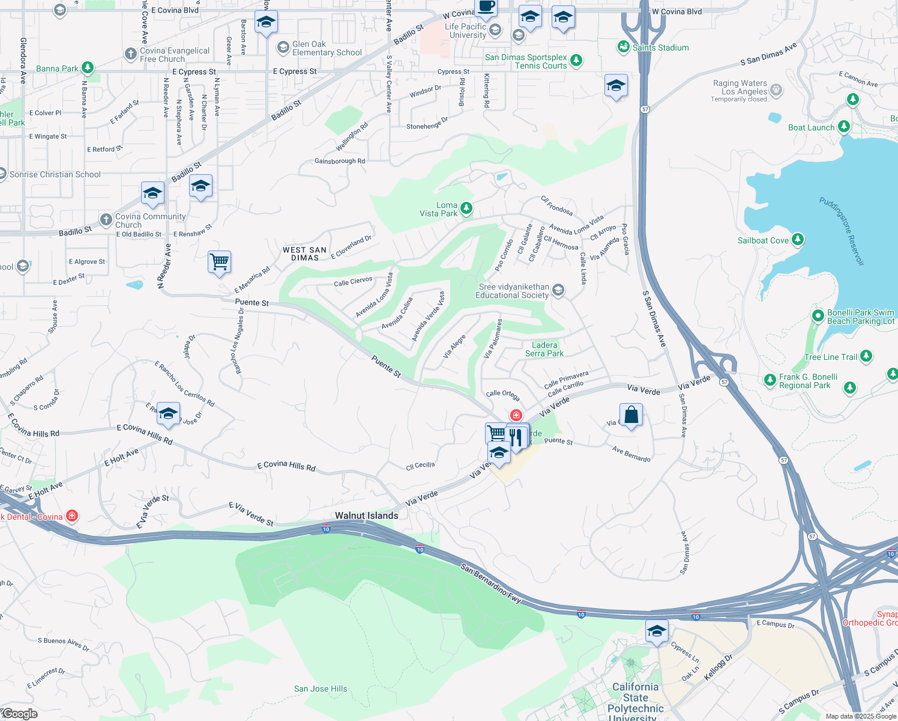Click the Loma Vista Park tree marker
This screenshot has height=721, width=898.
466,208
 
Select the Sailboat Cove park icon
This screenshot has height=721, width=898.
797,240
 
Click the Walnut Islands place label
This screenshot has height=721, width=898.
366,516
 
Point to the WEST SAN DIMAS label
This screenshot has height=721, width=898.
305,254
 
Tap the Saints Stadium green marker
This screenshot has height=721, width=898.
624,47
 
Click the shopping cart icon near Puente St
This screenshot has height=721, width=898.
220,262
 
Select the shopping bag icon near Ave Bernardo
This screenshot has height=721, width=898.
631,415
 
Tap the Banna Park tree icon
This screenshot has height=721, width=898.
88,68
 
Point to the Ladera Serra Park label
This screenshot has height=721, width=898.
544,349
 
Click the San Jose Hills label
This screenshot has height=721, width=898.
321,689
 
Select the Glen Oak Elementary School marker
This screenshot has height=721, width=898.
283,47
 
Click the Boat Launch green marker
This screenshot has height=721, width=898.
844,127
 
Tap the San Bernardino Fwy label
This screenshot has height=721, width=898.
491,584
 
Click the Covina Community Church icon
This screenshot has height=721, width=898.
106,220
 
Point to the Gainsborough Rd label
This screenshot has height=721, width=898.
340,161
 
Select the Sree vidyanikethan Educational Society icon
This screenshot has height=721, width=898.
558,291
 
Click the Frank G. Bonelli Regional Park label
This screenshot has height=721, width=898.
808,381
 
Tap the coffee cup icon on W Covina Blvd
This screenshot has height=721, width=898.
486,7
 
